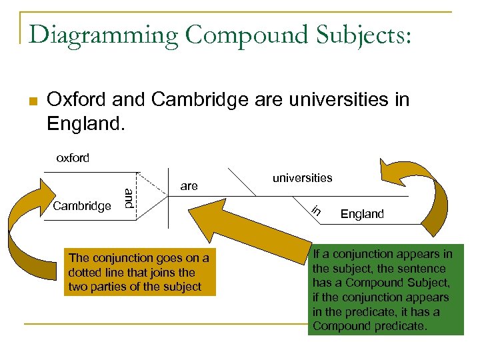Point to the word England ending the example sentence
[85, 124]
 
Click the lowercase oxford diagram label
[72, 158]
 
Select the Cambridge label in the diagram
[82, 206]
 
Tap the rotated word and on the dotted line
[129, 199]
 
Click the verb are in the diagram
[189, 186]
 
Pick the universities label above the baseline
[302, 178]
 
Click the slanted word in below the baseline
[317, 211]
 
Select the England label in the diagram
[362, 214]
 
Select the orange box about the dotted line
[139, 273]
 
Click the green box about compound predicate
[385, 289]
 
